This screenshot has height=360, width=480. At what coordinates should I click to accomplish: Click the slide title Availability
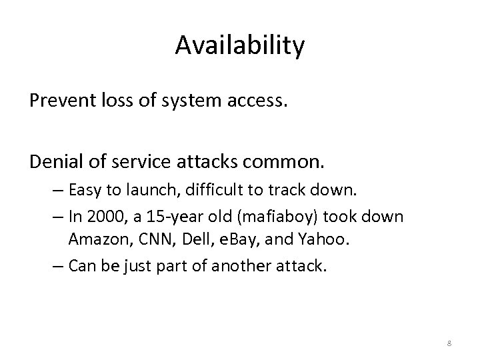[x=240, y=45]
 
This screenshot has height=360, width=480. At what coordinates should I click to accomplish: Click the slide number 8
[x=449, y=343]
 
